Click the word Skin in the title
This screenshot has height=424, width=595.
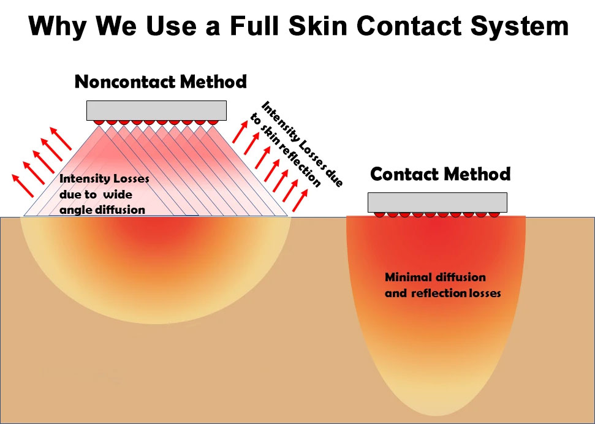tap(318, 26)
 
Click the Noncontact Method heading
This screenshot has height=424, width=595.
tap(161, 81)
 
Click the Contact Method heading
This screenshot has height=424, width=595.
tap(440, 174)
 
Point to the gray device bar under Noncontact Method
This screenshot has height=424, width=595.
tap(156, 110)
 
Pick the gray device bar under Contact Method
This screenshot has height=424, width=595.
tap(437, 202)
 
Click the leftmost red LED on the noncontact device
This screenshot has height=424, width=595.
tap(99, 122)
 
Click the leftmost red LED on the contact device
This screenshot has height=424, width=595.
tap(379, 214)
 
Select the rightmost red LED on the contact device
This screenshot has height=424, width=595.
tap(494, 214)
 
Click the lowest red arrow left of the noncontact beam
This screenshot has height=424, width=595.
tap(23, 186)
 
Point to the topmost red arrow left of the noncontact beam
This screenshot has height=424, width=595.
tap(60, 138)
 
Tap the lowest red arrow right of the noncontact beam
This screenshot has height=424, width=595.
tap(300, 200)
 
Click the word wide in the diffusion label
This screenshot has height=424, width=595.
tap(118, 194)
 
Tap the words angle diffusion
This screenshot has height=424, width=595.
tap(102, 210)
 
